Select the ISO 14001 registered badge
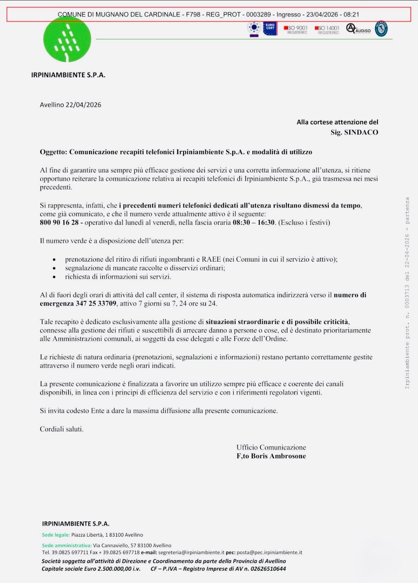327,30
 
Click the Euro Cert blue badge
270,28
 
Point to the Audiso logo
358,29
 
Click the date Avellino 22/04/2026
70,105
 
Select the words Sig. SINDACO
354,132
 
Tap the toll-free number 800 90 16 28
59,223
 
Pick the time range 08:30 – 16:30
253,223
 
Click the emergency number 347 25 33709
96,304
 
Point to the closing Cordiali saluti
62,429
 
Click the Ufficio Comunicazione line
271,447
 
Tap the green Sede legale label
56,535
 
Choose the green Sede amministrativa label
67,545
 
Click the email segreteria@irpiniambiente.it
191,552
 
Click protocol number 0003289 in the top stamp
258,15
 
